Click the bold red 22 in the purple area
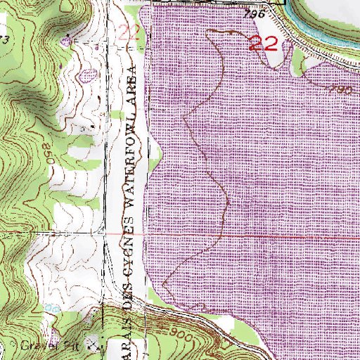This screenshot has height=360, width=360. click(x=266, y=44)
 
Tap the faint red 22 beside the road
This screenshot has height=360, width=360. click(x=129, y=32)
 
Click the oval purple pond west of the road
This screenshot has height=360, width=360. click(x=88, y=73)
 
